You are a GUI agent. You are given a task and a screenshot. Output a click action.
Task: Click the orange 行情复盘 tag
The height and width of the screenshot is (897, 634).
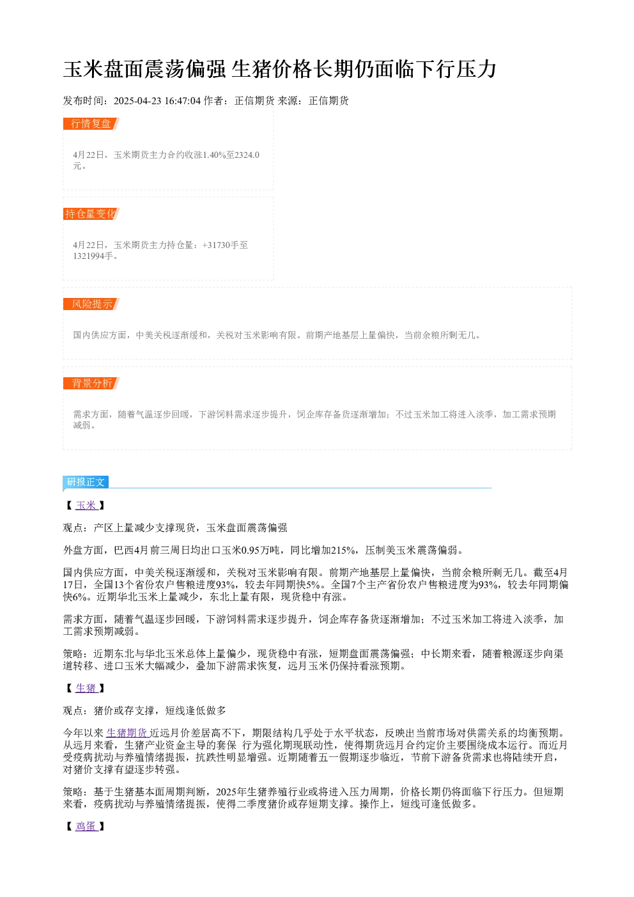91,124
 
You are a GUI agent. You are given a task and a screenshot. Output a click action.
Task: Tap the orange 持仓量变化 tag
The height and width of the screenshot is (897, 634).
91,214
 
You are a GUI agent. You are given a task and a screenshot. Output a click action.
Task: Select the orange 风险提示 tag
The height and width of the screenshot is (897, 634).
91,304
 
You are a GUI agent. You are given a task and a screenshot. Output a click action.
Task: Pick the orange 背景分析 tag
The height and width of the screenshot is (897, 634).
91,383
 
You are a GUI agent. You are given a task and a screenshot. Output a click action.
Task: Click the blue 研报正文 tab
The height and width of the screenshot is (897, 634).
86,482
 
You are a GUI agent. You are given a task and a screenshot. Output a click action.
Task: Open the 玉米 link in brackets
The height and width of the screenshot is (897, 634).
86,505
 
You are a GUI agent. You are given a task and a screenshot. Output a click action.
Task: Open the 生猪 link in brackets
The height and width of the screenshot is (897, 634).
86,688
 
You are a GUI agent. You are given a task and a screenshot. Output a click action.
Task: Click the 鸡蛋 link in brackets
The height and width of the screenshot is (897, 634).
86,826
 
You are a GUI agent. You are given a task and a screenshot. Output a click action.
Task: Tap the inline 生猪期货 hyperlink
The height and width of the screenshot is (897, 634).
128,733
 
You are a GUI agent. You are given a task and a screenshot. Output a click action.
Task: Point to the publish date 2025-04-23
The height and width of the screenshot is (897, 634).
137,101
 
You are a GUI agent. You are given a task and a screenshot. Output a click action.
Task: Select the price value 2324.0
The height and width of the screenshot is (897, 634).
247,155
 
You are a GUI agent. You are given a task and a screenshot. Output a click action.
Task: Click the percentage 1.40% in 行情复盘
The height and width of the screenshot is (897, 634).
214,155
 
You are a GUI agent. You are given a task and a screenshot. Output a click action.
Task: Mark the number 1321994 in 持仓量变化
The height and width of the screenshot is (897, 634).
89,256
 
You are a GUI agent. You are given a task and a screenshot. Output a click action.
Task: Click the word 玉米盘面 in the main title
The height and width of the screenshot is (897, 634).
104,69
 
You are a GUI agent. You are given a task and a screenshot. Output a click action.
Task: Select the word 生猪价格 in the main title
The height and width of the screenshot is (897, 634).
272,69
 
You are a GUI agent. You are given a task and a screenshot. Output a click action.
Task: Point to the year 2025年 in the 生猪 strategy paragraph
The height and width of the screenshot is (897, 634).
231,792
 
